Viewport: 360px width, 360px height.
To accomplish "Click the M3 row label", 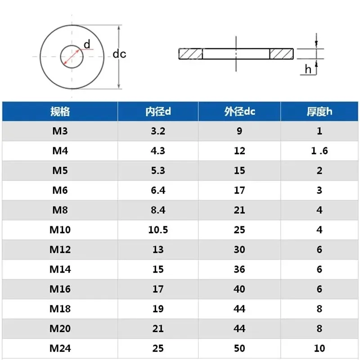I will coord(60,131).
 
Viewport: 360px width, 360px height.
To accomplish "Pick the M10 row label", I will coord(60,230).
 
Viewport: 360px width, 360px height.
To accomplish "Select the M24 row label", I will coord(60,348).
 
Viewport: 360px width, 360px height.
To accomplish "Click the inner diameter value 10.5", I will coord(158,230).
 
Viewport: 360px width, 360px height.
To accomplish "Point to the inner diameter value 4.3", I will coord(158,151).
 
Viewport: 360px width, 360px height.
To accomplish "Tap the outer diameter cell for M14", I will coord(239,269).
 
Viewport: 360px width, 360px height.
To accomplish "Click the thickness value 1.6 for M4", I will coord(319,151).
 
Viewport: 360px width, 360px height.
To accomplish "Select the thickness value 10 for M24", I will coord(319,348).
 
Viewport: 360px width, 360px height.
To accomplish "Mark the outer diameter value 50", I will coord(239,348).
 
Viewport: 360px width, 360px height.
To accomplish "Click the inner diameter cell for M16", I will coord(158,289).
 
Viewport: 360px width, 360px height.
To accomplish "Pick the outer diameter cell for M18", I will coord(239,309).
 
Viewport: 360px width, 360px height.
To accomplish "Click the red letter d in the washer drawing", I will coord(87,44).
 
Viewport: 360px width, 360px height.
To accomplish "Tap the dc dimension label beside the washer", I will coord(119,54).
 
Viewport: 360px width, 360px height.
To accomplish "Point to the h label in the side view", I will coord(308,69).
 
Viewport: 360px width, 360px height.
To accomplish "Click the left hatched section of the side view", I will coord(191,54).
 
